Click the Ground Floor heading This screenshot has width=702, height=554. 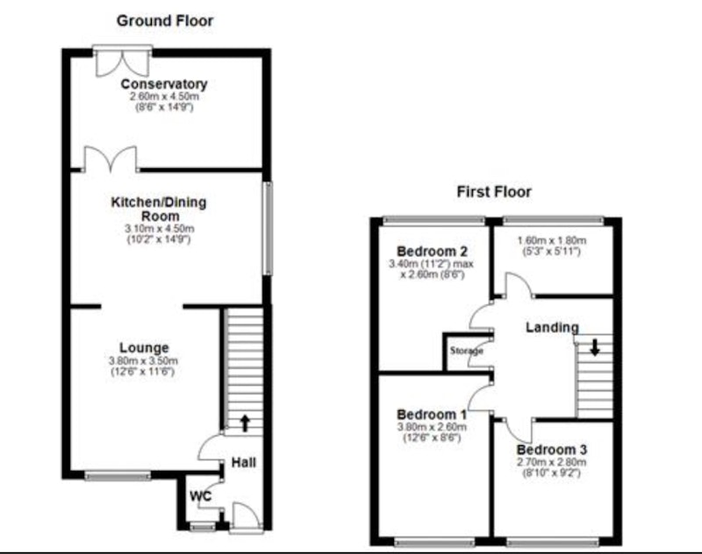coord(165,21)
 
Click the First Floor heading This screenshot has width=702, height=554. coord(494,192)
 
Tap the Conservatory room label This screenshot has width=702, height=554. coord(164,84)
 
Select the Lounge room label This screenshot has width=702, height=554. coord(144,348)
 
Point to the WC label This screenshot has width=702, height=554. coord(200,496)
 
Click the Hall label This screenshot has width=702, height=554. coord(244,462)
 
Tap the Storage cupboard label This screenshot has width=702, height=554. coord(467,351)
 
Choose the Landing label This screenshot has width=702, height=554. coord(552,327)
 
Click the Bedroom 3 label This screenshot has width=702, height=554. coord(552,450)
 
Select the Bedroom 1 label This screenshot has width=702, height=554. coord(432,415)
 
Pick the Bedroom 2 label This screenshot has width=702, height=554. coord(432,252)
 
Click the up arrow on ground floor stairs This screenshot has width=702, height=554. coord(245,423)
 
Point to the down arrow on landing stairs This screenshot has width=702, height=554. coord(595,347)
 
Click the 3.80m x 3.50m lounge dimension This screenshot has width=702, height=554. coord(143,361)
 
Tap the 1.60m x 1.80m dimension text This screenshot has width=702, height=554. coord(552,240)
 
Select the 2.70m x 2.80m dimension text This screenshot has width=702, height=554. coord(552,462)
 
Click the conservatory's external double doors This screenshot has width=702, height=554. coord(123,60)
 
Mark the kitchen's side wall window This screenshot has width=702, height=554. coord(268,228)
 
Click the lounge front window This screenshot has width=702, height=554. coord(118,476)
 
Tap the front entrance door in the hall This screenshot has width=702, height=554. coord(246,518)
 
